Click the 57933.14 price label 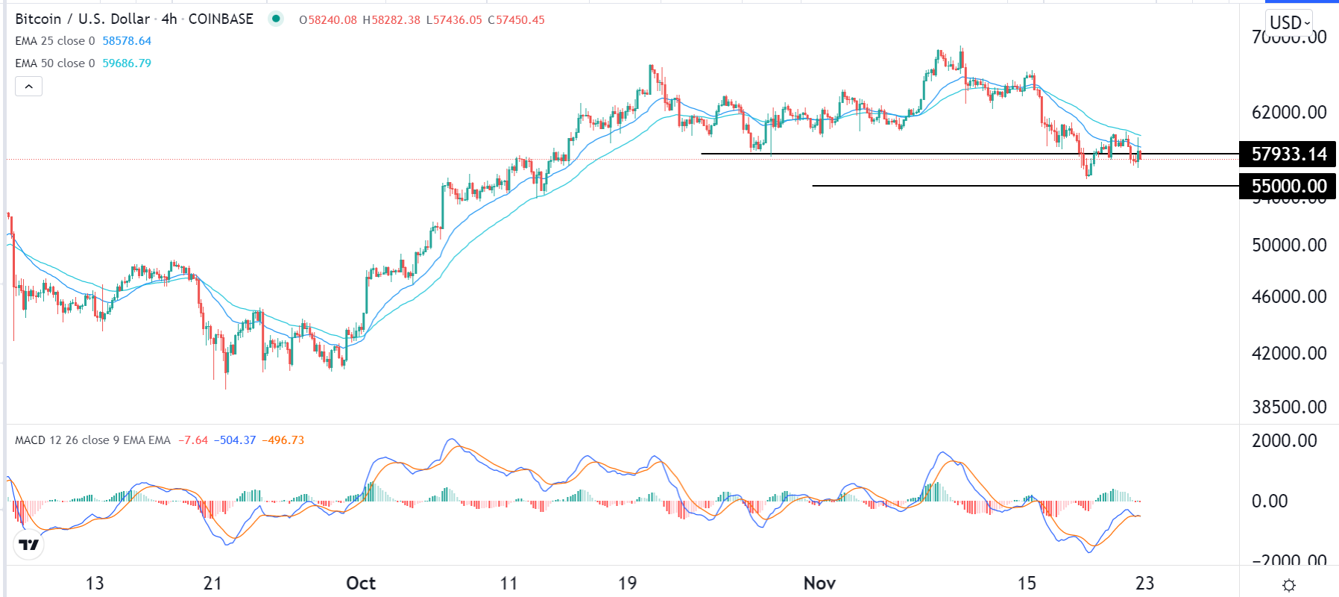point(1288,154)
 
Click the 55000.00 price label point(1288,186)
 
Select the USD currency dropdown point(1289,22)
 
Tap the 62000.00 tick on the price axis point(1289,113)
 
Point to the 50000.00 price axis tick point(1289,245)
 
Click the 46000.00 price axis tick point(1289,296)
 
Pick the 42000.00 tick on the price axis point(1289,353)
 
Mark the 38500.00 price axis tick point(1289,407)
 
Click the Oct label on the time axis point(361,583)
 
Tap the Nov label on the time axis point(819,583)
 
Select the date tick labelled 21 point(212,583)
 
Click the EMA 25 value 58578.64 point(127,41)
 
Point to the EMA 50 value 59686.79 point(127,63)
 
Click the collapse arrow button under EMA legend point(28,87)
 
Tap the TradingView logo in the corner point(29,545)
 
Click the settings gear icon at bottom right point(1288,585)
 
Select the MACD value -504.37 point(235,440)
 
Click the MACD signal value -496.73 point(283,440)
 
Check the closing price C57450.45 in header point(516,20)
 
